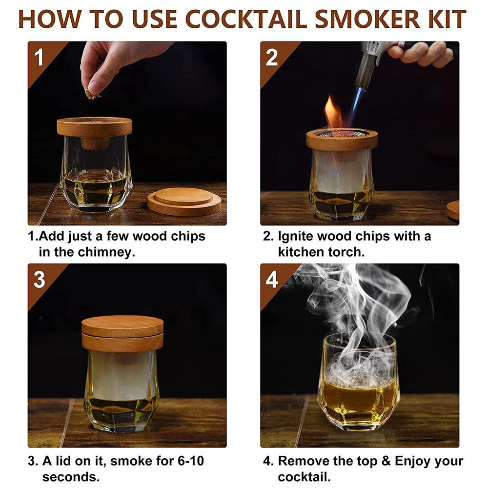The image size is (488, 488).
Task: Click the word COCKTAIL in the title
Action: pyautogui.click(x=247, y=20)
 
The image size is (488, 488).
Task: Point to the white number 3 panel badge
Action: pyautogui.click(x=39, y=280)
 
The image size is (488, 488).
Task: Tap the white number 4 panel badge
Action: pyautogui.click(x=272, y=280)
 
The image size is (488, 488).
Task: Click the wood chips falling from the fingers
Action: pyautogui.click(x=93, y=94)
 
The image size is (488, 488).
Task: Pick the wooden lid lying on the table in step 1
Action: pyautogui.click(x=184, y=202)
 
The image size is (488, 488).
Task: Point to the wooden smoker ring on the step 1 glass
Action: pyautogui.click(x=95, y=127)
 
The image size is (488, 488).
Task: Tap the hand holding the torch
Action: pyautogui.click(x=421, y=53)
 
